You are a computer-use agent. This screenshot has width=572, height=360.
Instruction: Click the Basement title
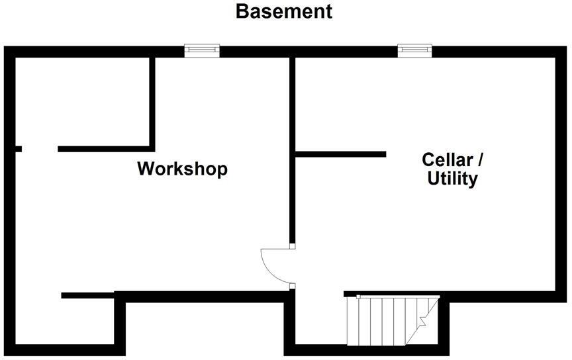click(x=284, y=11)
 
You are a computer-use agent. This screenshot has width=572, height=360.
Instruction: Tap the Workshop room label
click(x=183, y=169)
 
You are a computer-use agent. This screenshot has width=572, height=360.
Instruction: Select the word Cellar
click(x=447, y=159)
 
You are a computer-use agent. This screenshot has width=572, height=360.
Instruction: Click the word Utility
click(x=452, y=179)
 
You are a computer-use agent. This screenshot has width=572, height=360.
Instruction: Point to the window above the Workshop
click(x=202, y=51)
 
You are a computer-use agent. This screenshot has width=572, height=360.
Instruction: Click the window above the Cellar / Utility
click(x=415, y=51)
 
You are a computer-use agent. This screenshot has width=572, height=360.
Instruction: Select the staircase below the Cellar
click(x=393, y=320)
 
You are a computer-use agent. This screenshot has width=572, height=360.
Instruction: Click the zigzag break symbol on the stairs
click(x=423, y=320)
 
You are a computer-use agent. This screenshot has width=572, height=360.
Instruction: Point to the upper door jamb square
click(x=292, y=246)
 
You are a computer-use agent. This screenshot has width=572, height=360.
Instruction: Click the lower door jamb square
click(x=292, y=286)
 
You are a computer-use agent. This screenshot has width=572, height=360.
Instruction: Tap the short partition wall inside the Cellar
click(x=340, y=154)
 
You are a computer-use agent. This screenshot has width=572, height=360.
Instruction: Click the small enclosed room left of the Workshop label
click(x=83, y=102)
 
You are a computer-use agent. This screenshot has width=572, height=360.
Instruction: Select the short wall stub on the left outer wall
click(x=19, y=149)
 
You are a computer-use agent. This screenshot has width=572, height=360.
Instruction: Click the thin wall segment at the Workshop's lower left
click(x=87, y=295)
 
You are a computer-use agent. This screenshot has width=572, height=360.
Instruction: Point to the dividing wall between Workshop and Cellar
click(x=292, y=150)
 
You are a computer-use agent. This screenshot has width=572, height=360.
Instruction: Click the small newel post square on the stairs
click(x=358, y=297)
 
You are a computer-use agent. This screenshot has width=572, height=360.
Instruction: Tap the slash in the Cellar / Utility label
click(x=480, y=160)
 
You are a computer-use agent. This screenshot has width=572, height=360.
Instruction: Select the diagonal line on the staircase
click(x=422, y=320)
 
